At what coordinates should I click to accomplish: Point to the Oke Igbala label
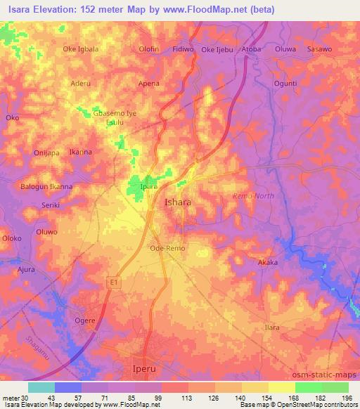click(81, 49)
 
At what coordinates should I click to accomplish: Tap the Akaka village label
click(268, 262)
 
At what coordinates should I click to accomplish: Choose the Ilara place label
click(271, 328)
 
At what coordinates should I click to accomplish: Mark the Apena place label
click(148, 83)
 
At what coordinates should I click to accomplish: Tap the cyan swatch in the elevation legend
click(41, 387)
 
